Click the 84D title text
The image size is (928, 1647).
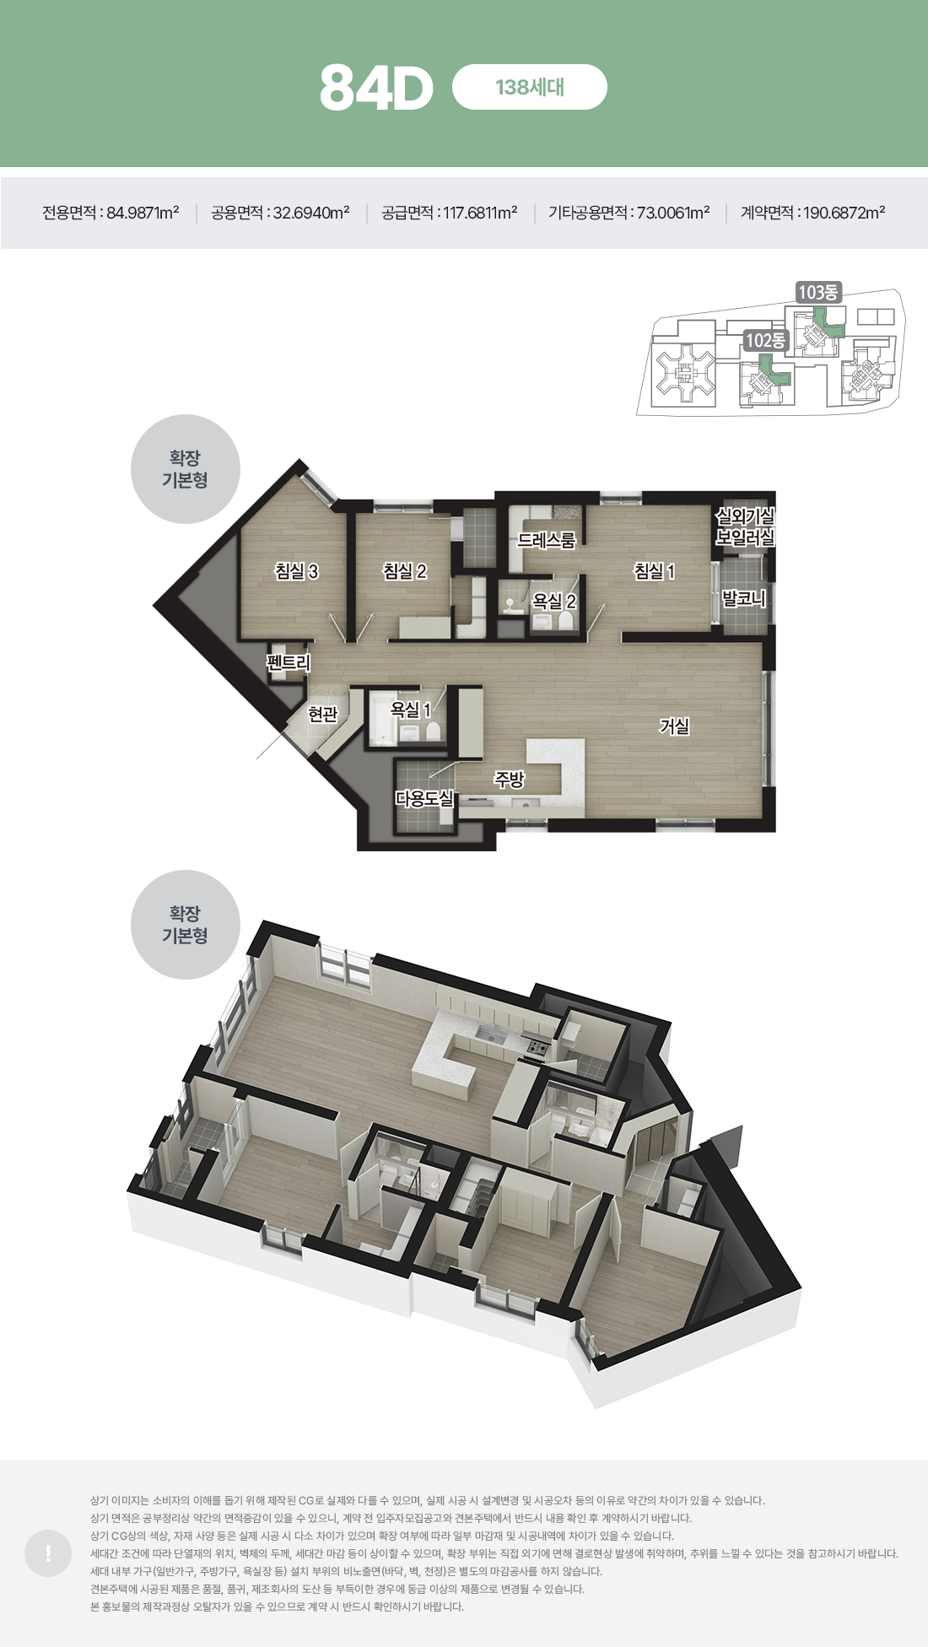pos(376,88)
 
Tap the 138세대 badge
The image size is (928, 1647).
pos(530,87)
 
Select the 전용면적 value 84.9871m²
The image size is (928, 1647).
pos(143,213)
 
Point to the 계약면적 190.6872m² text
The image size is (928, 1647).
pos(812,213)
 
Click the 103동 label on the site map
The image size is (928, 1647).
pos(818,292)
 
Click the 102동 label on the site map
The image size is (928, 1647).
pos(765,340)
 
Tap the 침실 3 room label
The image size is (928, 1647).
pos(296,571)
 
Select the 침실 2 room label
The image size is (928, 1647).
pos(405,571)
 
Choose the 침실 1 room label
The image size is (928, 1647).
pos(655,571)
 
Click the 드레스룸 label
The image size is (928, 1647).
pos(546,540)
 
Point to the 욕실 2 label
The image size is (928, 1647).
pos(554,602)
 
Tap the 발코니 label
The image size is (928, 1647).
pos(744,599)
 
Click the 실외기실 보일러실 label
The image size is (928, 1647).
pos(745,526)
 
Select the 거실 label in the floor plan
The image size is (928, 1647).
pos(674,726)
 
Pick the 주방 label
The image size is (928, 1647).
pos(510,780)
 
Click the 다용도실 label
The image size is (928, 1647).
pos(424,798)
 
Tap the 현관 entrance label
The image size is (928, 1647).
pos(322,715)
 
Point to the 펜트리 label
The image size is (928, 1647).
pos(289,663)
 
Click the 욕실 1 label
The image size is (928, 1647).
pos(411,710)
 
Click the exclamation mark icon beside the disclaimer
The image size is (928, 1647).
pos(48,1553)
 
